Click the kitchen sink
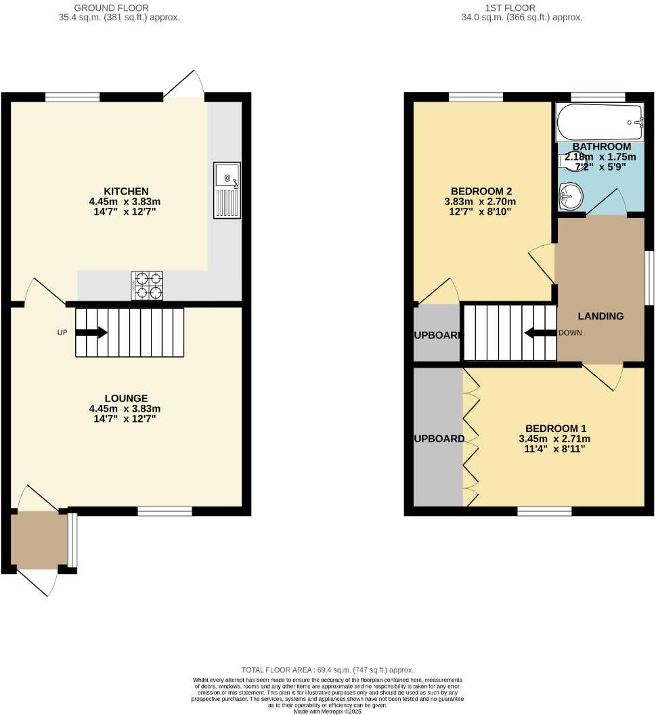pos(227,190)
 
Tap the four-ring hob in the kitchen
pos(147,285)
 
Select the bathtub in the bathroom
pos(600,122)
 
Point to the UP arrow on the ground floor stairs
pos(91,332)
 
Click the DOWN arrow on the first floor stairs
pos(540,332)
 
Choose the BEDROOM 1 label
pos(555,428)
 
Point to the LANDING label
pos(600,316)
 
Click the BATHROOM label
pos(601,147)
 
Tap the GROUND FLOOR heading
pos(119,7)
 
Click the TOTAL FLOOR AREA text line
pos(328,670)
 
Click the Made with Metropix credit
pos(328,711)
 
